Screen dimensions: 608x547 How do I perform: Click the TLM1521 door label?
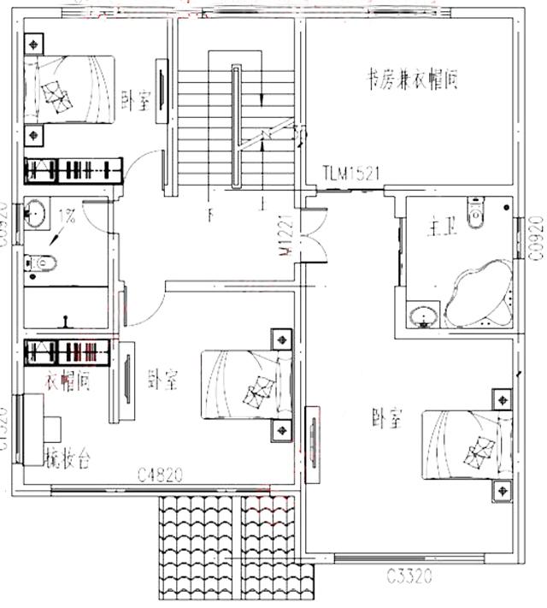click(x=350, y=173)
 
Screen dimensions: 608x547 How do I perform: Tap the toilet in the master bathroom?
click(x=475, y=210)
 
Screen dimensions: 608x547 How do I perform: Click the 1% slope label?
click(x=67, y=217)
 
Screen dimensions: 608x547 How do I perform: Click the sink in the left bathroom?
click(x=36, y=213)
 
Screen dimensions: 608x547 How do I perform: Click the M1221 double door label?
click(x=285, y=239)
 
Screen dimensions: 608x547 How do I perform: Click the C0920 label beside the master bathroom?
click(x=536, y=239)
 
